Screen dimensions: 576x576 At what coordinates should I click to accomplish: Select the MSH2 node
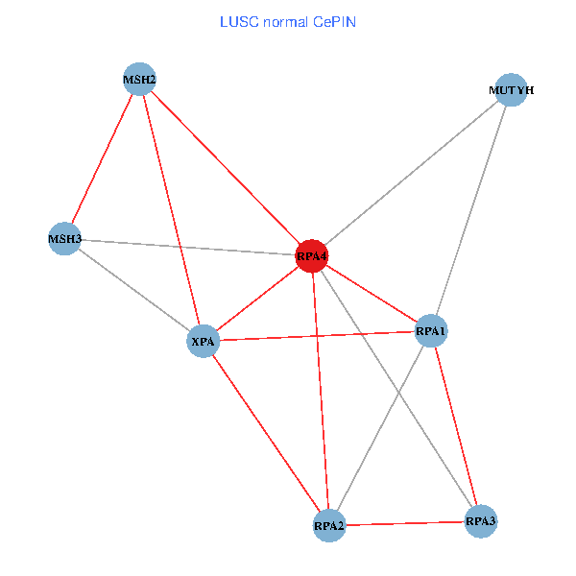pyautogui.click(x=140, y=79)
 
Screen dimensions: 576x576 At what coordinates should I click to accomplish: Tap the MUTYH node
pyautogui.click(x=511, y=90)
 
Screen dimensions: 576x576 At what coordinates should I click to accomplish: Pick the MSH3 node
pyautogui.click(x=65, y=237)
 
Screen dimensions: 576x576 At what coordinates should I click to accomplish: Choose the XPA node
pyautogui.click(x=204, y=341)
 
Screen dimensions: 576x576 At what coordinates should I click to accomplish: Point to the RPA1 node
pyautogui.click(x=431, y=331)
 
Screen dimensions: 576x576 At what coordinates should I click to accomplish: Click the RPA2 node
pyautogui.click(x=329, y=525)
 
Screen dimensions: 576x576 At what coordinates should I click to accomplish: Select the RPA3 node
pyautogui.click(x=481, y=521)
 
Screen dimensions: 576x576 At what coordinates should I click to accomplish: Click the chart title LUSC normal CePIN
pyautogui.click(x=288, y=21)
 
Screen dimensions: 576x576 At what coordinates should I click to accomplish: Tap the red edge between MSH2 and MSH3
pyautogui.click(x=103, y=158)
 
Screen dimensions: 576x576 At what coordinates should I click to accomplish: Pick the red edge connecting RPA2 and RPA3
pyautogui.click(x=405, y=523)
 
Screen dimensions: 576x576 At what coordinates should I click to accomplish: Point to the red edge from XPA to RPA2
pyautogui.click(x=266, y=432)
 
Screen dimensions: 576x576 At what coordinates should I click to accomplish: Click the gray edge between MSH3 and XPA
pyautogui.click(x=134, y=289)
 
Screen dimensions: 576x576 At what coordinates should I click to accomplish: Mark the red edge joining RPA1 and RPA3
pyautogui.click(x=456, y=426)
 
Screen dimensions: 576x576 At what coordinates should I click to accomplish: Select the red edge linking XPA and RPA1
pyautogui.click(x=317, y=336)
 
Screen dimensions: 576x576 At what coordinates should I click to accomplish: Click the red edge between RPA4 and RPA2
pyautogui.click(x=321, y=391)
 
